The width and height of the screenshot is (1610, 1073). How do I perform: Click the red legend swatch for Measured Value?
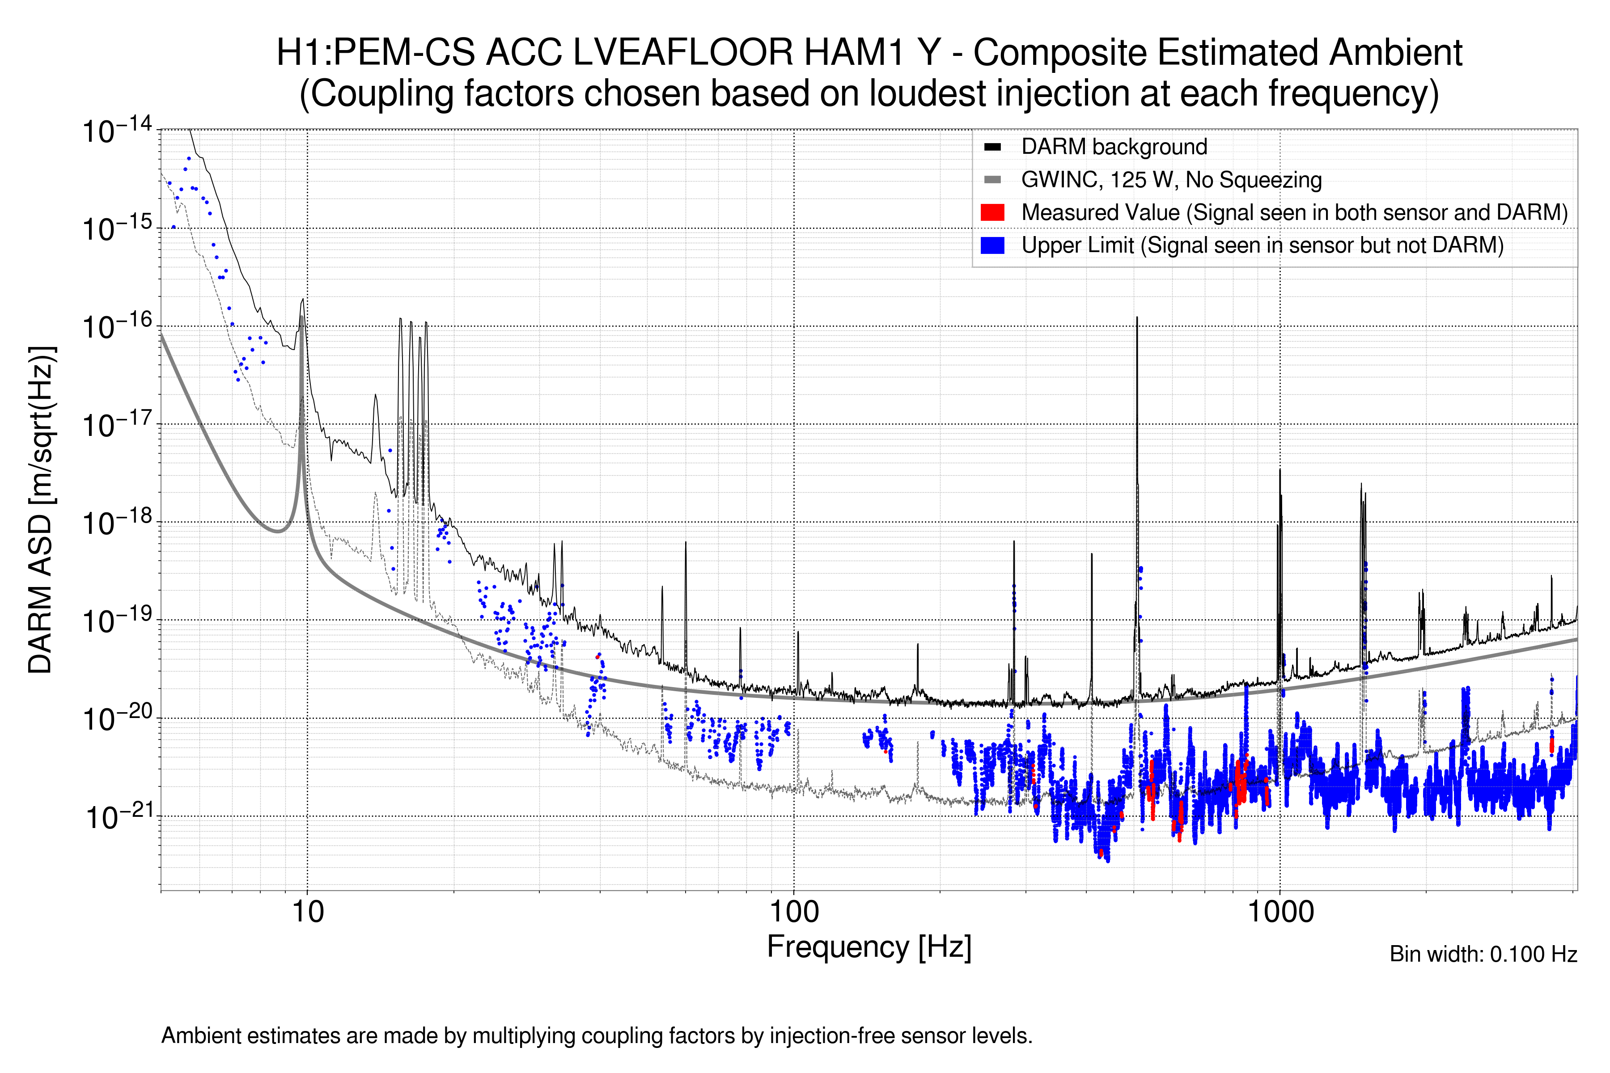point(992,212)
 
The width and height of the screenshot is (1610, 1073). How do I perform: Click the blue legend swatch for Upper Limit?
point(992,245)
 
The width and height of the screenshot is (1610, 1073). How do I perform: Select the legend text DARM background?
point(1114,147)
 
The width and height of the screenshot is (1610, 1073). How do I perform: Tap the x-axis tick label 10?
point(307,912)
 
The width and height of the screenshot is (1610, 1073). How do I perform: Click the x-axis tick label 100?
point(794,912)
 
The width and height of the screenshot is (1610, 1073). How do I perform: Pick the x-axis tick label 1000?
point(1280,912)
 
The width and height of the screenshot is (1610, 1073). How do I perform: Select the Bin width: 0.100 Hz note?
point(1483,954)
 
